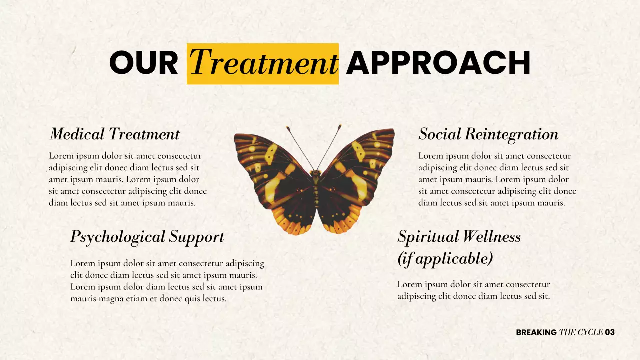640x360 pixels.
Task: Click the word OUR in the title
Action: (x=143, y=63)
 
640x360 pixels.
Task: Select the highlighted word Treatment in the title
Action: (x=263, y=63)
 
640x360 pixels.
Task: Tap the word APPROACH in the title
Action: (x=438, y=63)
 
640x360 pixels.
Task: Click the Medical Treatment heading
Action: (x=114, y=134)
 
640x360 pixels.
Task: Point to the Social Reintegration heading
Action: (x=488, y=134)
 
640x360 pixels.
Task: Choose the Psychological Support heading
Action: (x=147, y=236)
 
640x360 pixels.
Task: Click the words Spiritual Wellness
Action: (x=459, y=236)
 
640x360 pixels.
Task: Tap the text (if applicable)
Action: (x=445, y=258)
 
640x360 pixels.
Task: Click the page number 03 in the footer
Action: (x=610, y=332)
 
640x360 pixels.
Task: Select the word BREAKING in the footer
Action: (x=536, y=332)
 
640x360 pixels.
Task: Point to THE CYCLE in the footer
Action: (x=581, y=332)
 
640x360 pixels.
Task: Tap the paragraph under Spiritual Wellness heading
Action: (x=473, y=290)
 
